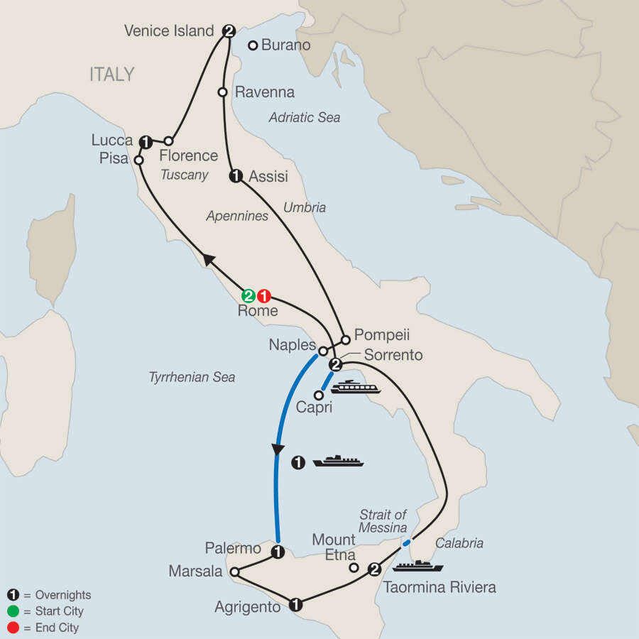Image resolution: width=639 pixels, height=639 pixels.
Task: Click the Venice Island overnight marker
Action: [x=229, y=31]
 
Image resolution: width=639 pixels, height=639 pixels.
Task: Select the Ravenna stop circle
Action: [x=222, y=92]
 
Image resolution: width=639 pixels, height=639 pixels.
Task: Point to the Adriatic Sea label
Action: [x=305, y=118]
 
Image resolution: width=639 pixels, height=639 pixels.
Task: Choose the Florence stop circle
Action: [x=169, y=141]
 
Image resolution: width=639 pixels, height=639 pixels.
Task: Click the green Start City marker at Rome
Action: [x=248, y=295]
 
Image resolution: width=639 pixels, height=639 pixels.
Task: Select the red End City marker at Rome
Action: [x=264, y=295]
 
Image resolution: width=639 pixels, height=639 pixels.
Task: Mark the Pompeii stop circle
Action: [x=344, y=339]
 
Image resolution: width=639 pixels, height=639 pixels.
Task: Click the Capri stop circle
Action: [x=318, y=394]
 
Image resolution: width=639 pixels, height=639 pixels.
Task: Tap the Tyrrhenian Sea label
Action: [x=192, y=377]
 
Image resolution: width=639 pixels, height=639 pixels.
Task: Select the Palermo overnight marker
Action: [x=278, y=551]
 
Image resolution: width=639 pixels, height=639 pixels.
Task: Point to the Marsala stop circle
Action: [x=234, y=570]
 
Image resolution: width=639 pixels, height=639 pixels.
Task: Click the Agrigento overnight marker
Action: [x=295, y=605]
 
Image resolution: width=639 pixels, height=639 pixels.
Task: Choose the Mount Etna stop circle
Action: [x=353, y=567]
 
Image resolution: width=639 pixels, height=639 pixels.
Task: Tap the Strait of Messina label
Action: [x=383, y=521]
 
